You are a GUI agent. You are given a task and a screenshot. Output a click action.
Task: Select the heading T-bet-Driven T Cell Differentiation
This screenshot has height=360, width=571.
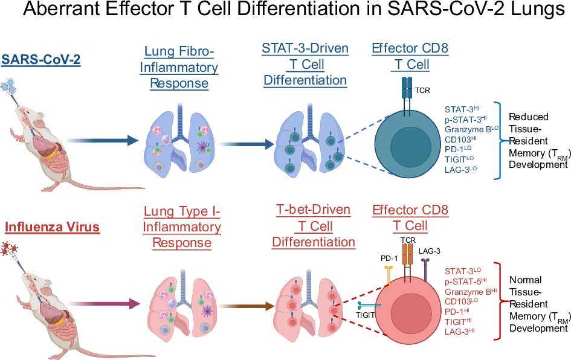pyautogui.click(x=313, y=226)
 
